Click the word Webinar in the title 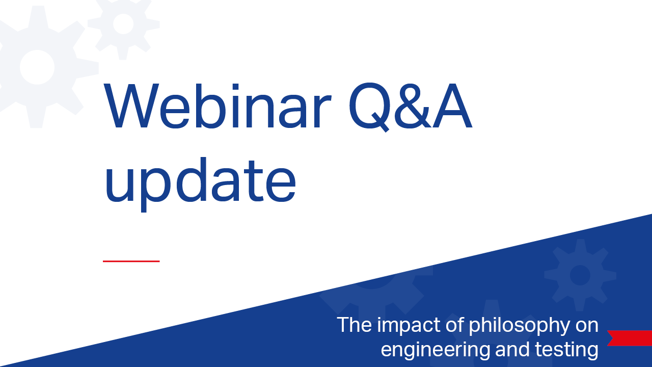[218, 106]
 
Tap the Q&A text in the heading [411, 107]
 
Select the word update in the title [201, 183]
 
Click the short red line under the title [131, 261]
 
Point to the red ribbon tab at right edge [630, 338]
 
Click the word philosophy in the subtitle [519, 326]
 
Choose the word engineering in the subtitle [436, 350]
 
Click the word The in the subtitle [354, 325]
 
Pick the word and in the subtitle [512, 349]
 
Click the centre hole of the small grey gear [123, 24]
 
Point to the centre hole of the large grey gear [37, 67]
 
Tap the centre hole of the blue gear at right [580, 275]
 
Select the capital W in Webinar [131, 106]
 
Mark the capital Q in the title [370, 107]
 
